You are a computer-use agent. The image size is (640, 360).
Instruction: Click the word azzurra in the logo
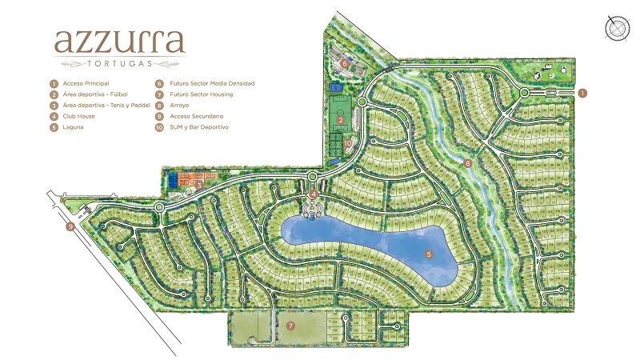pos(120,42)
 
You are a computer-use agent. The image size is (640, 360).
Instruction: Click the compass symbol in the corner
pos(617,27)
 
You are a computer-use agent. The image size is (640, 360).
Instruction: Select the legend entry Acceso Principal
pos(86,83)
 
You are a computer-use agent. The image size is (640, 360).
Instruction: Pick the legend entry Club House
pos(78,116)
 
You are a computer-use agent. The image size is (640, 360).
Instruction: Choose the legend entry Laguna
pos(73,127)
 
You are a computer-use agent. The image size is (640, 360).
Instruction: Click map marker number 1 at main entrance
pos(583,93)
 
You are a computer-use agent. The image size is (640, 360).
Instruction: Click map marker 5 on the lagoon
pos(429,254)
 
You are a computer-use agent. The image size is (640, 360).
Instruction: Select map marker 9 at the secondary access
pos(70,226)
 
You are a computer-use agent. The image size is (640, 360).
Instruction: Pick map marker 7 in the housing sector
pos(291,326)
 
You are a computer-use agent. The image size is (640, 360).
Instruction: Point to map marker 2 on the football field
pos(340,120)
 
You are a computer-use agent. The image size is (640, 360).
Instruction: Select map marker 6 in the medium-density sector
pos(345,62)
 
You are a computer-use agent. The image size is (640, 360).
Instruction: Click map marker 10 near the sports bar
pos(348,144)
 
